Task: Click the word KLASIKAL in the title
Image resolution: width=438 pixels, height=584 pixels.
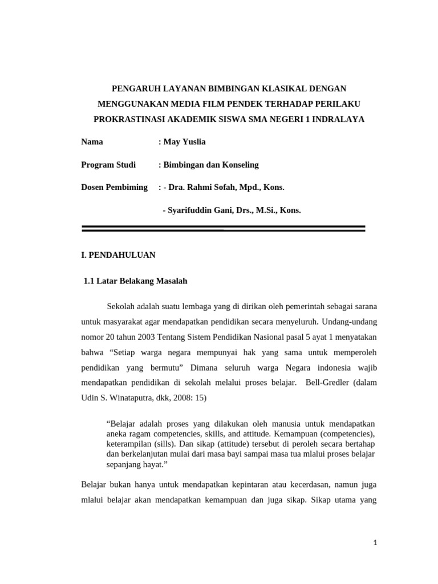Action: [x=269, y=88]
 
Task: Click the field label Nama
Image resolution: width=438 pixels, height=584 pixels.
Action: [x=92, y=142]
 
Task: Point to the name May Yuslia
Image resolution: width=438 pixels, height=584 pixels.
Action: [x=185, y=142]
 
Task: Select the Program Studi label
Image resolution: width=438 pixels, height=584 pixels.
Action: [x=108, y=165]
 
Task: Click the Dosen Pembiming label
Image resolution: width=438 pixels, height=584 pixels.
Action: [x=114, y=187]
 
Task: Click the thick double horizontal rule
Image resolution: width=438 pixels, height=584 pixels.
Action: [x=223, y=229]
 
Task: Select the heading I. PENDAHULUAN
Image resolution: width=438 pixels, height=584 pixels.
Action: [x=118, y=255]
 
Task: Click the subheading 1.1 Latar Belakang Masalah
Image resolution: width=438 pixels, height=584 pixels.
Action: [x=136, y=281]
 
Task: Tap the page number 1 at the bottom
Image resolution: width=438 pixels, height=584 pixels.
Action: [x=375, y=544]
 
